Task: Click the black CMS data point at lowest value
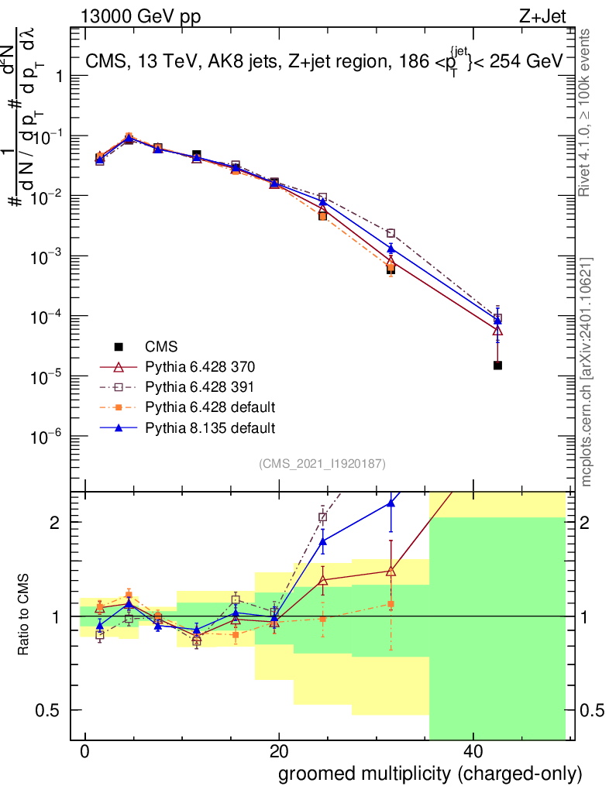pyautogui.click(x=497, y=366)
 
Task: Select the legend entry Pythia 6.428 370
pyautogui.click(x=200, y=366)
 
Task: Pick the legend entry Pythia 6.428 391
pyautogui.click(x=199, y=387)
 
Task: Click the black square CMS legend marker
pyautogui.click(x=119, y=347)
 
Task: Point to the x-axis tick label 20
pyautogui.click(x=279, y=751)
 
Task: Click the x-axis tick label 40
pyautogui.click(x=473, y=751)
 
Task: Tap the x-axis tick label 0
pyautogui.click(x=85, y=751)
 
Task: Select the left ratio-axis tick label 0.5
pyautogui.click(x=47, y=711)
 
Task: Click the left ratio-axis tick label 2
pyautogui.click(x=55, y=523)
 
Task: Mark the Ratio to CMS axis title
pyautogui.click(x=23, y=614)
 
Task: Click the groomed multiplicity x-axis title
pyautogui.click(x=430, y=774)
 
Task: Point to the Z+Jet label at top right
pyautogui.click(x=542, y=17)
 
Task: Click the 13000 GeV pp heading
pyautogui.click(x=140, y=17)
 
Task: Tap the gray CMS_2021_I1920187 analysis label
pyautogui.click(x=322, y=464)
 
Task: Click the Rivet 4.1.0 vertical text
pyautogui.click(x=583, y=112)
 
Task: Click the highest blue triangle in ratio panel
pyautogui.click(x=391, y=502)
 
